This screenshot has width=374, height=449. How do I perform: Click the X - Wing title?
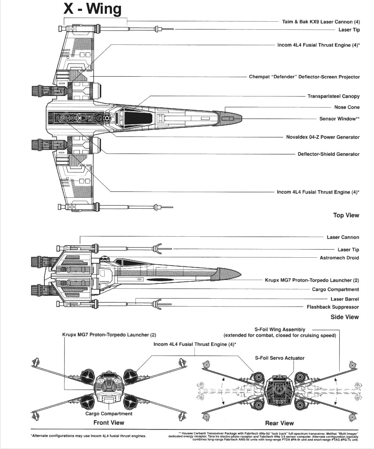(92, 9)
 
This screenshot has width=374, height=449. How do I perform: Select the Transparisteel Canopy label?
(333, 96)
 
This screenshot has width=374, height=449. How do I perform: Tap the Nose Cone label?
(347, 107)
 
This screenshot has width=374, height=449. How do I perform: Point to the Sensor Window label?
(339, 119)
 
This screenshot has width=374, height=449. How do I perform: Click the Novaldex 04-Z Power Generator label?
(323, 137)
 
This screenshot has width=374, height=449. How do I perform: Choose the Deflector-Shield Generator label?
(328, 154)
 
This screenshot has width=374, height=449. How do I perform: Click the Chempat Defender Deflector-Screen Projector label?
(304, 77)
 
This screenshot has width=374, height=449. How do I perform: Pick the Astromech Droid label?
(339, 258)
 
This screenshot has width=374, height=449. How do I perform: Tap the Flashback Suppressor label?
(333, 307)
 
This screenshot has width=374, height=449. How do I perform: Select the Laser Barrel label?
(344, 299)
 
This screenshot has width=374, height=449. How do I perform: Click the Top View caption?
(346, 215)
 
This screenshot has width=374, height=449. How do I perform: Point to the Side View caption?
(344, 317)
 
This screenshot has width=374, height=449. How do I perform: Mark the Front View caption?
(109, 423)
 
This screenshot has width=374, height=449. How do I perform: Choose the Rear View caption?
(279, 423)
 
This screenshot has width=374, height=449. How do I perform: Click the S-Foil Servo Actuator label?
(280, 358)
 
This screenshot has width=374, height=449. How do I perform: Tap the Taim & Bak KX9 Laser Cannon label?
(321, 22)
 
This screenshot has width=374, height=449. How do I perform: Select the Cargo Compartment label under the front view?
(109, 414)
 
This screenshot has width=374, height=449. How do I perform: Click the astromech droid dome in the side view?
(104, 258)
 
